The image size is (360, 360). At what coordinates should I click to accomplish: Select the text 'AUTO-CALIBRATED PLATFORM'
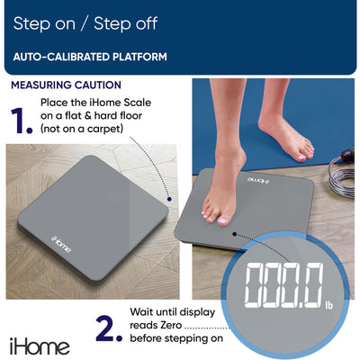click(x=90, y=57)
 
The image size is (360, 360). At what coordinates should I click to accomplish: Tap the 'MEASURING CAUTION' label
click(x=67, y=85)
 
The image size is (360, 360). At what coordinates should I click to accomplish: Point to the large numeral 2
click(x=108, y=328)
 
